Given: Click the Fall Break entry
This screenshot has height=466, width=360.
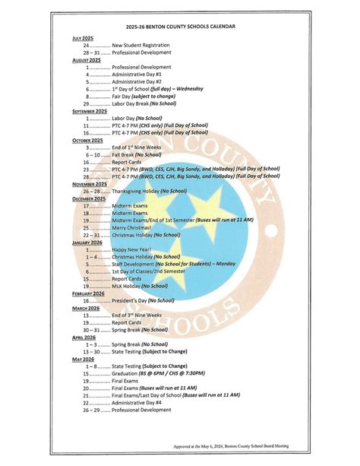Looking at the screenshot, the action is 128,154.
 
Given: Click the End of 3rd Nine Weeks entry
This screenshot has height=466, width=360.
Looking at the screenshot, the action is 137,315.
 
